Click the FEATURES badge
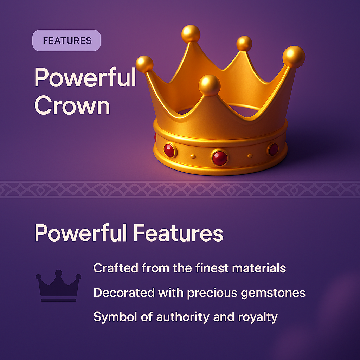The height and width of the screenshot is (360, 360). pyautogui.click(x=67, y=40)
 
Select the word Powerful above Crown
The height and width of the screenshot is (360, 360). pyautogui.click(x=85, y=78)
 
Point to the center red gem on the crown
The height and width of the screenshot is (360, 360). pyautogui.click(x=220, y=158)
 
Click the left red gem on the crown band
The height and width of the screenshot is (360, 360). pyautogui.click(x=169, y=150)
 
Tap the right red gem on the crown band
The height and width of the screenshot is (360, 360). pyautogui.click(x=273, y=149)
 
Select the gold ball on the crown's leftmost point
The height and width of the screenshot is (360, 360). pyautogui.click(x=144, y=64)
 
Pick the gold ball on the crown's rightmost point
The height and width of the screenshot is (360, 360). pyautogui.click(x=294, y=57)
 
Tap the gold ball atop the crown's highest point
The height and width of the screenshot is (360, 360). pyautogui.click(x=191, y=34)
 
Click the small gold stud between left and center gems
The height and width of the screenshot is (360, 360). pyautogui.click(x=192, y=156)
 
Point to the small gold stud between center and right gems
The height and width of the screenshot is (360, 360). pyautogui.click(x=250, y=155)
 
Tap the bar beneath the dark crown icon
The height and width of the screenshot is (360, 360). pyautogui.click(x=58, y=300)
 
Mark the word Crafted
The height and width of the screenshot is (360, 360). pyautogui.click(x=115, y=268)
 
